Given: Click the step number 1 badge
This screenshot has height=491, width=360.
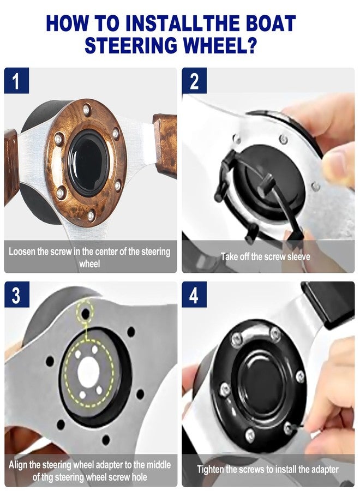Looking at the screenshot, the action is click(x=16, y=80).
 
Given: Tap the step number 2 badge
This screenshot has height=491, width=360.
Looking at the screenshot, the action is click(x=194, y=80).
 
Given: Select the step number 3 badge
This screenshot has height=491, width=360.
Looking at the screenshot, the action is click(x=16, y=295).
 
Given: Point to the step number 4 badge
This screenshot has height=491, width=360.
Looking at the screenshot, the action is click(x=194, y=295).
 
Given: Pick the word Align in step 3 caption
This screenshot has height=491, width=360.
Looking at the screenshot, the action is click(x=19, y=465).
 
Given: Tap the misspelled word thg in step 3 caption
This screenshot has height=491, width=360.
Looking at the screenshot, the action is click(x=47, y=478).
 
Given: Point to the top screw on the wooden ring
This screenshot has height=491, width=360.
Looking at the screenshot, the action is click(x=86, y=110).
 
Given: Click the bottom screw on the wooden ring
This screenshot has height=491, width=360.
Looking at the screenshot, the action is click(x=91, y=215).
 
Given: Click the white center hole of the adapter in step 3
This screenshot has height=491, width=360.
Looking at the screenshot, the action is click(x=88, y=372).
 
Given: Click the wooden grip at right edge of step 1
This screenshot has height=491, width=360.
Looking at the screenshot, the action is click(x=165, y=145).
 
